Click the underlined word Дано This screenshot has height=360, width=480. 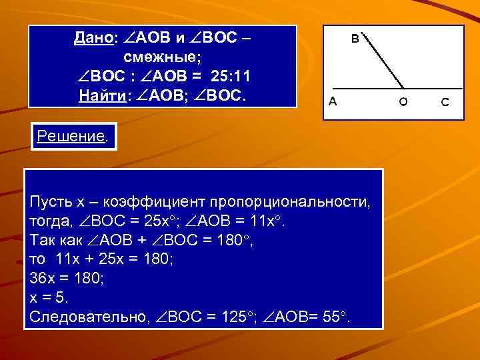pyautogui.click(x=94, y=39)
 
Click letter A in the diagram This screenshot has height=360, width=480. pyautogui.click(x=332, y=102)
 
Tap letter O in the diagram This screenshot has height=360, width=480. pyautogui.click(x=403, y=102)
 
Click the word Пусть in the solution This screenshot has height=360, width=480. pyautogui.click(x=50, y=201)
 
